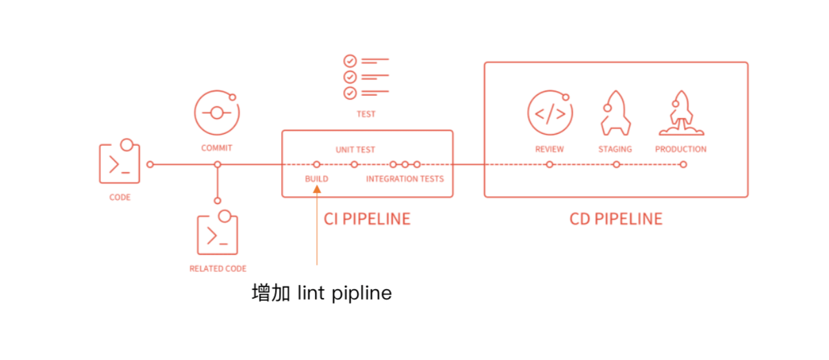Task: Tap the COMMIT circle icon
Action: [x=217, y=113]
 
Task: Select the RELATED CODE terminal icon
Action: [x=217, y=234]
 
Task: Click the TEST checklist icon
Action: [x=366, y=76]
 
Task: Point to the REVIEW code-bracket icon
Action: [x=549, y=113]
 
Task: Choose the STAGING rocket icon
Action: [x=615, y=113]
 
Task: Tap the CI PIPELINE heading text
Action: [x=367, y=219]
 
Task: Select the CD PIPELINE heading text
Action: [x=616, y=219]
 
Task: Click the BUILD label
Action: [x=316, y=179]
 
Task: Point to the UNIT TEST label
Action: [x=355, y=149]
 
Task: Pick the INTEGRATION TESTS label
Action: [x=405, y=179]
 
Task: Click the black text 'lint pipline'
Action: [x=344, y=293]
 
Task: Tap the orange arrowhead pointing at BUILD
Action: [x=316, y=190]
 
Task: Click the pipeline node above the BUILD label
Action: [x=316, y=164]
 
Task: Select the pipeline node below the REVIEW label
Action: [x=549, y=164]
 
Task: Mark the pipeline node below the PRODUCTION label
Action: [x=683, y=164]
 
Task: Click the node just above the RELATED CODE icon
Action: [x=217, y=201]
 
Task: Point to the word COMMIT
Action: [x=217, y=148]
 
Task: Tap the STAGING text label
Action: [x=615, y=149]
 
